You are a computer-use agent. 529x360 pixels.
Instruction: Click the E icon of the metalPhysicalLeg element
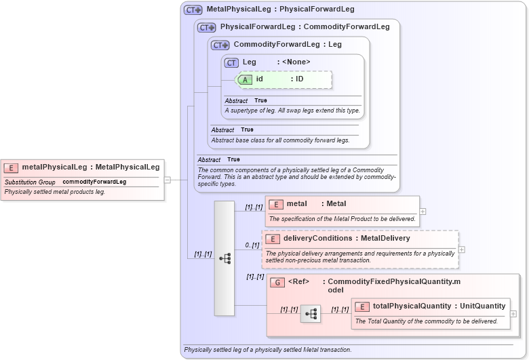point(12,167)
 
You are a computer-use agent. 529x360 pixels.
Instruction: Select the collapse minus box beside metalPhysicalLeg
point(167,180)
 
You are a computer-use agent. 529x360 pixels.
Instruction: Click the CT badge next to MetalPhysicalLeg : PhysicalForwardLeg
point(193,10)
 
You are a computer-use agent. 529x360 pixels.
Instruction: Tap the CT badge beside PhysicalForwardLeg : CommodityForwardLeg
point(207,28)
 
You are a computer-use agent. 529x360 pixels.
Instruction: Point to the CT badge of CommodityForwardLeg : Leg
point(220,45)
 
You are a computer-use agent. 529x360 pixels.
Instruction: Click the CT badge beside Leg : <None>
point(231,62)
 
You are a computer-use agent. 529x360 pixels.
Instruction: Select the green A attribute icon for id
point(245,79)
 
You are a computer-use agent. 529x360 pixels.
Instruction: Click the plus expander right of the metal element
point(423,212)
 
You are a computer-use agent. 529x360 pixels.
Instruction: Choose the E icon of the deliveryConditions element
point(272,239)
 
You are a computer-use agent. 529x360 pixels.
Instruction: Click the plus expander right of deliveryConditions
point(462,249)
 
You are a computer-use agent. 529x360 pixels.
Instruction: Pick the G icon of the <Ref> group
point(277,282)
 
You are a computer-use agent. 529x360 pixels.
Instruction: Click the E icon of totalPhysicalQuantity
point(362,306)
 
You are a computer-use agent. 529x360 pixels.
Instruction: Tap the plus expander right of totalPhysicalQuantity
point(513,314)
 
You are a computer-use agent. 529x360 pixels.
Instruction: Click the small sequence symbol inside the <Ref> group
point(311,314)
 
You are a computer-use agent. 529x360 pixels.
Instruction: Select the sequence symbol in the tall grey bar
point(224,258)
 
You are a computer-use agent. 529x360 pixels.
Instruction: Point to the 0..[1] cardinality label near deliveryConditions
point(252,245)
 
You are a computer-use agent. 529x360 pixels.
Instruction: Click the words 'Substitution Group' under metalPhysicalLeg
point(30,182)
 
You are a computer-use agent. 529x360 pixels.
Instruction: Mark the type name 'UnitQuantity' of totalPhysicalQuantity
point(482,306)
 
